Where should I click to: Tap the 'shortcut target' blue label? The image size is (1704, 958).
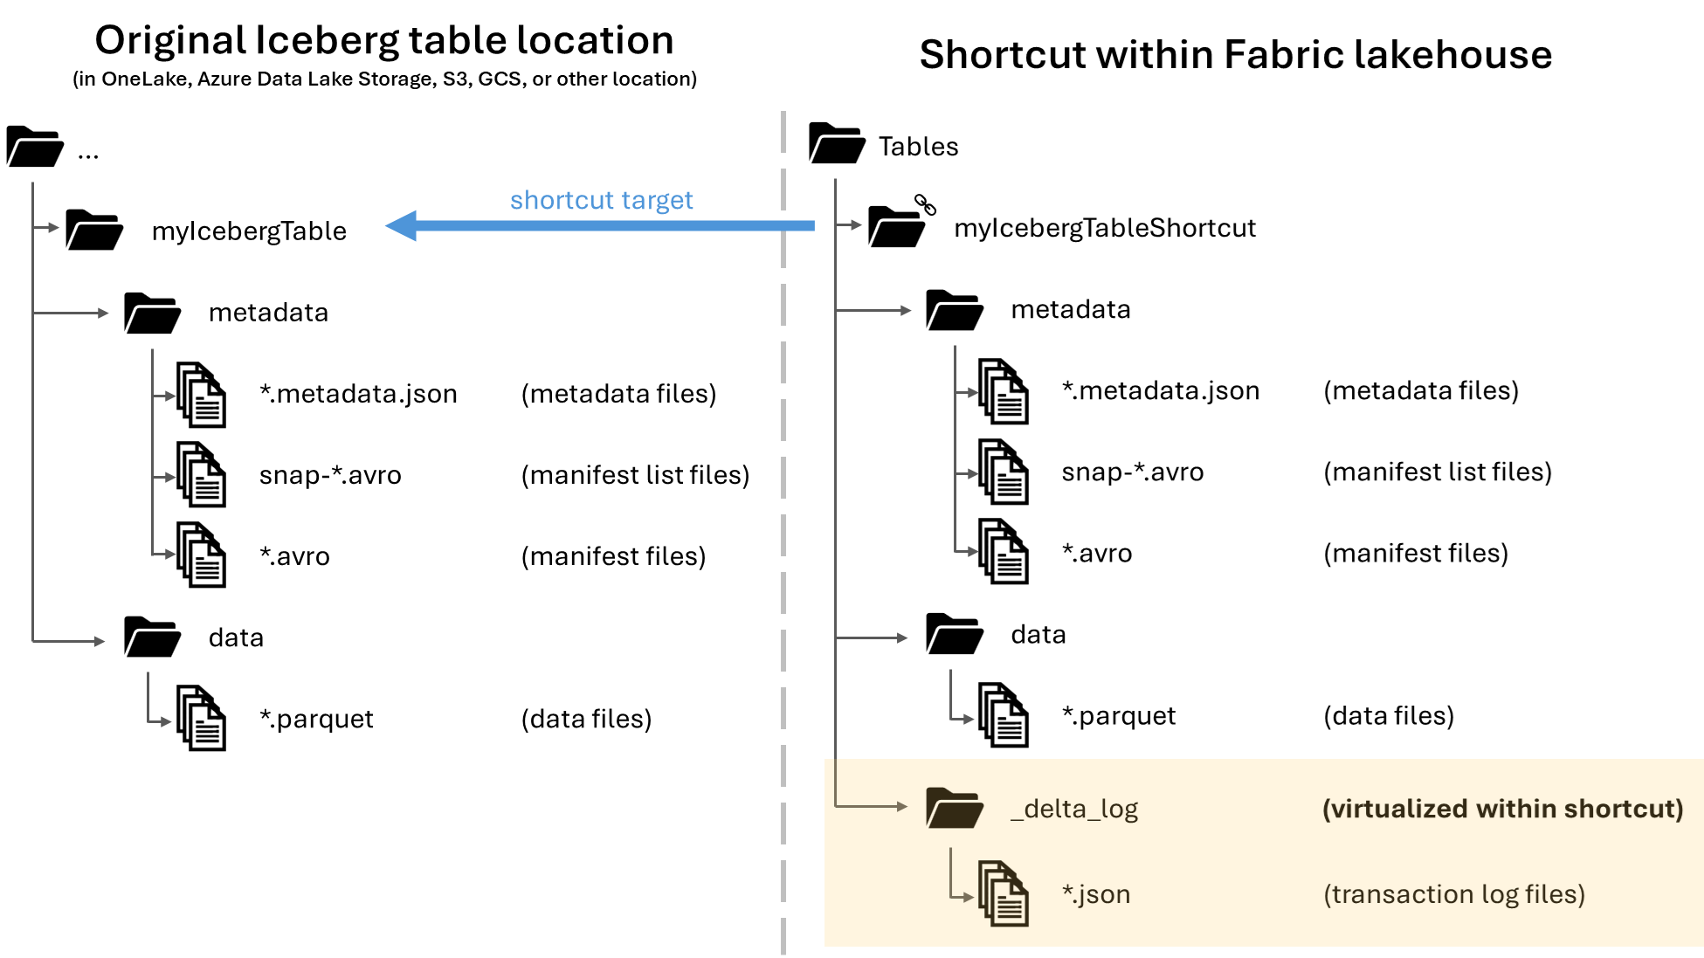click(x=601, y=200)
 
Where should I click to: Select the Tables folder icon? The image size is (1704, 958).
click(x=836, y=144)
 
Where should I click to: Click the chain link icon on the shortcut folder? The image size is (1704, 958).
click(x=925, y=204)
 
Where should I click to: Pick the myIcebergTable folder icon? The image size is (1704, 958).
click(x=93, y=230)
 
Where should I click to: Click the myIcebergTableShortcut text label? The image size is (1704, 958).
click(x=1104, y=228)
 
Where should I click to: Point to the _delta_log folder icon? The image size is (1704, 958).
click(x=954, y=809)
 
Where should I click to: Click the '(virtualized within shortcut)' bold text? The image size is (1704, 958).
click(x=1502, y=809)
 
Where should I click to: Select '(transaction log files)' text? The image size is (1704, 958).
click(x=1453, y=894)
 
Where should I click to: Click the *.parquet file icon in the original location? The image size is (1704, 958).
click(x=201, y=718)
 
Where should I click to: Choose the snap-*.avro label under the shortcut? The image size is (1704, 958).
click(x=1132, y=472)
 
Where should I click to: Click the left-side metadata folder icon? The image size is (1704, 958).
click(x=152, y=314)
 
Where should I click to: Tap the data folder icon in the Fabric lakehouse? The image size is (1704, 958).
click(x=954, y=635)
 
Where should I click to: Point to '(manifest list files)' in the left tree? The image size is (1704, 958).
click(x=635, y=475)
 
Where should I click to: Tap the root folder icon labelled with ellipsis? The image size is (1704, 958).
click(x=35, y=147)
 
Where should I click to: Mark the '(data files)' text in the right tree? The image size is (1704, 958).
click(x=1388, y=716)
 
